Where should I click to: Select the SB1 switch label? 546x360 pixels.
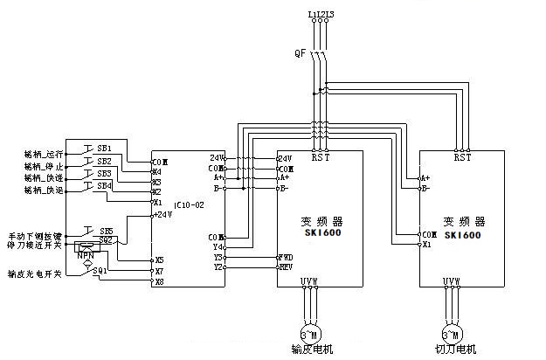pos(104,147)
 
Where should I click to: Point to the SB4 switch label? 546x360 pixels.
pos(104,185)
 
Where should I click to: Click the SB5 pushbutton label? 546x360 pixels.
pos(107,231)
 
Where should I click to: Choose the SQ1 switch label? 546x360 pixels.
pos(101,272)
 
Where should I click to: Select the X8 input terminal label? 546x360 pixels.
pos(158,281)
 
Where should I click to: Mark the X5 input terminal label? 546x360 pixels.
pos(158,260)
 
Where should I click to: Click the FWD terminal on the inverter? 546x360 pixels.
pos(285,258)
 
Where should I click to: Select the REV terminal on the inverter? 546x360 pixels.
pos(285,267)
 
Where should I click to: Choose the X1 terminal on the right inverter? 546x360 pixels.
pos(426,245)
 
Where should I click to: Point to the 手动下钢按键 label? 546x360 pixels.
pos(35,236)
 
